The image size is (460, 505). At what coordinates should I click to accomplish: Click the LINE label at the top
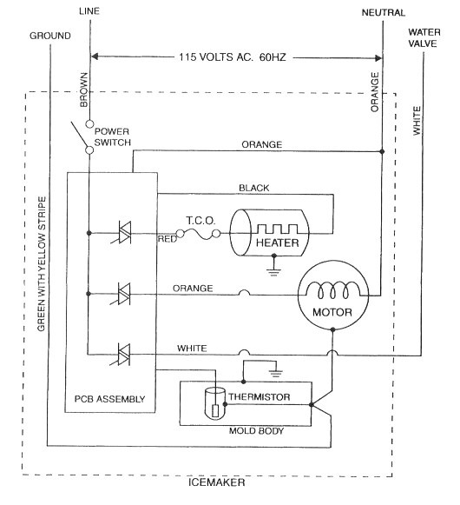(89, 11)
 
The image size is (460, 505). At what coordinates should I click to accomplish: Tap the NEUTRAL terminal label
(383, 13)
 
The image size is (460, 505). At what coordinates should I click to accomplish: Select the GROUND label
(50, 36)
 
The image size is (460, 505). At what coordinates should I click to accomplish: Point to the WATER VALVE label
(424, 38)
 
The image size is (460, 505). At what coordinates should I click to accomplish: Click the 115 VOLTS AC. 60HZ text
(233, 57)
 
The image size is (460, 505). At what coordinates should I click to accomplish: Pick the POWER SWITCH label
(113, 136)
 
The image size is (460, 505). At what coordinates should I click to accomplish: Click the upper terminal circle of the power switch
(89, 124)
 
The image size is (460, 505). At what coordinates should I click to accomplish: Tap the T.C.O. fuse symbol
(198, 234)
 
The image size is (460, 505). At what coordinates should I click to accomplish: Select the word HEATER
(277, 243)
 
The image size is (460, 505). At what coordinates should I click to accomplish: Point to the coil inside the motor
(332, 289)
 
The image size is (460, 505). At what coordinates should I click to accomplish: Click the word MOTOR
(332, 312)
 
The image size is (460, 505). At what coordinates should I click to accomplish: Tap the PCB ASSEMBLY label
(109, 399)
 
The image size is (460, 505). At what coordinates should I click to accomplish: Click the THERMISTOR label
(260, 397)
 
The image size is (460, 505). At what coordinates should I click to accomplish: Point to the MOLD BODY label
(256, 431)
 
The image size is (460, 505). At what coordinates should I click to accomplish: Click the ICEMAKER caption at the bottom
(216, 482)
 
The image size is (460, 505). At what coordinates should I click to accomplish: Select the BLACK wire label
(253, 188)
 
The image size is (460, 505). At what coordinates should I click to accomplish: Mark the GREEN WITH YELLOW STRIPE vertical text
(42, 264)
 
